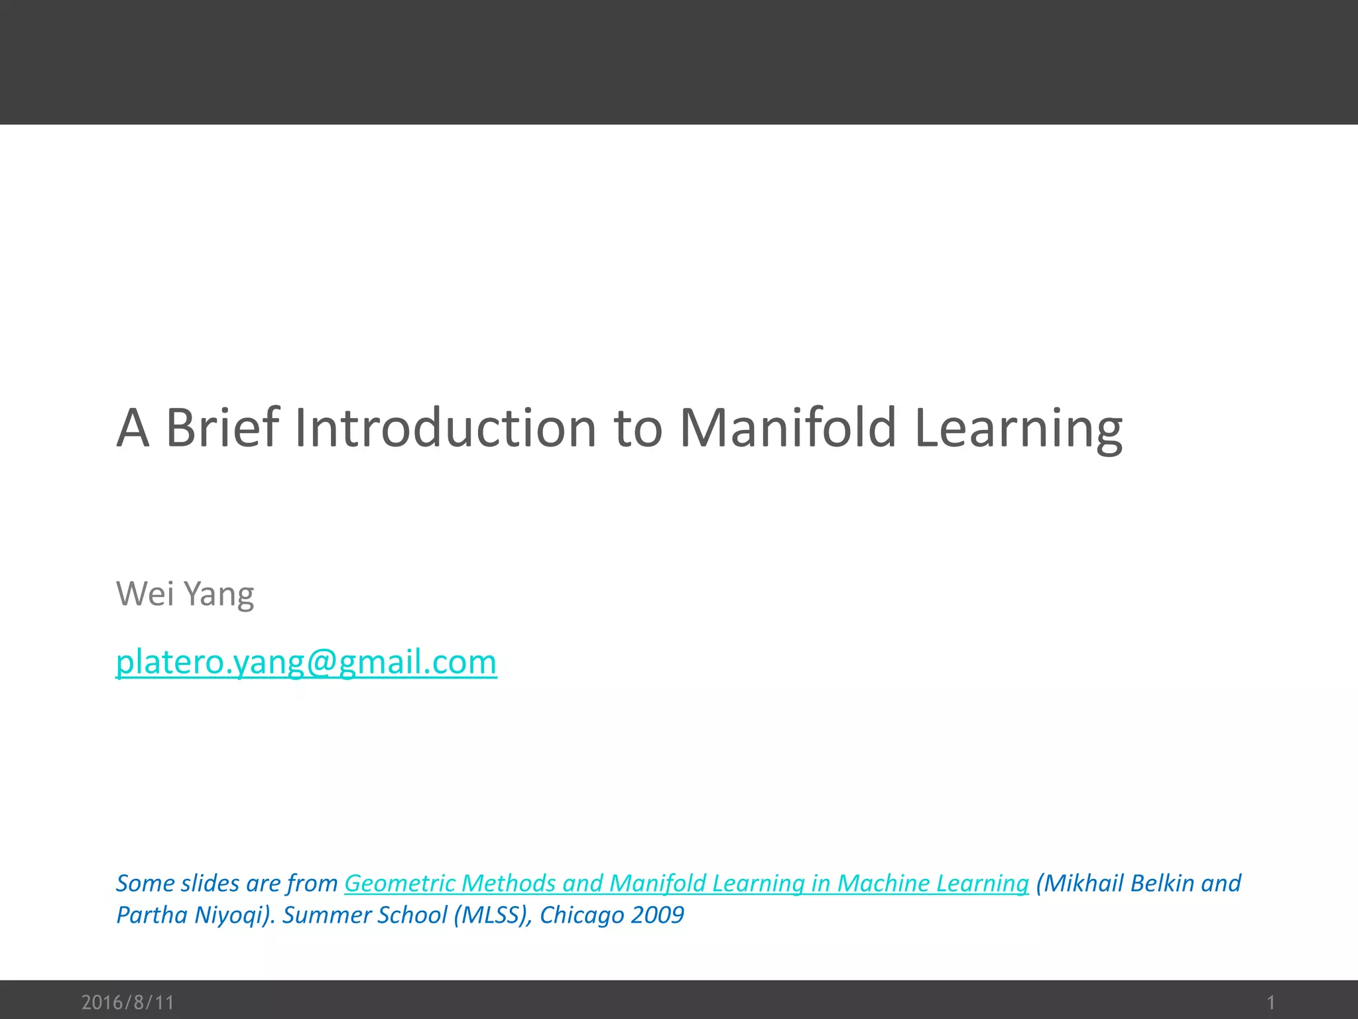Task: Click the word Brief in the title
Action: pyautogui.click(x=222, y=428)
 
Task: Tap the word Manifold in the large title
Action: pyautogui.click(x=788, y=428)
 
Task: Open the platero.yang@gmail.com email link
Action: pyautogui.click(x=306, y=662)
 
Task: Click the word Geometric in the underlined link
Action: pyautogui.click(x=399, y=883)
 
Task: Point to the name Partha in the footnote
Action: pyautogui.click(x=151, y=915)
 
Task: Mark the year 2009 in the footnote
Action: pyautogui.click(x=657, y=915)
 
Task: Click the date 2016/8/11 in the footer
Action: pyautogui.click(x=127, y=1002)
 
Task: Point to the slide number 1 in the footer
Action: pyautogui.click(x=1270, y=1002)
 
